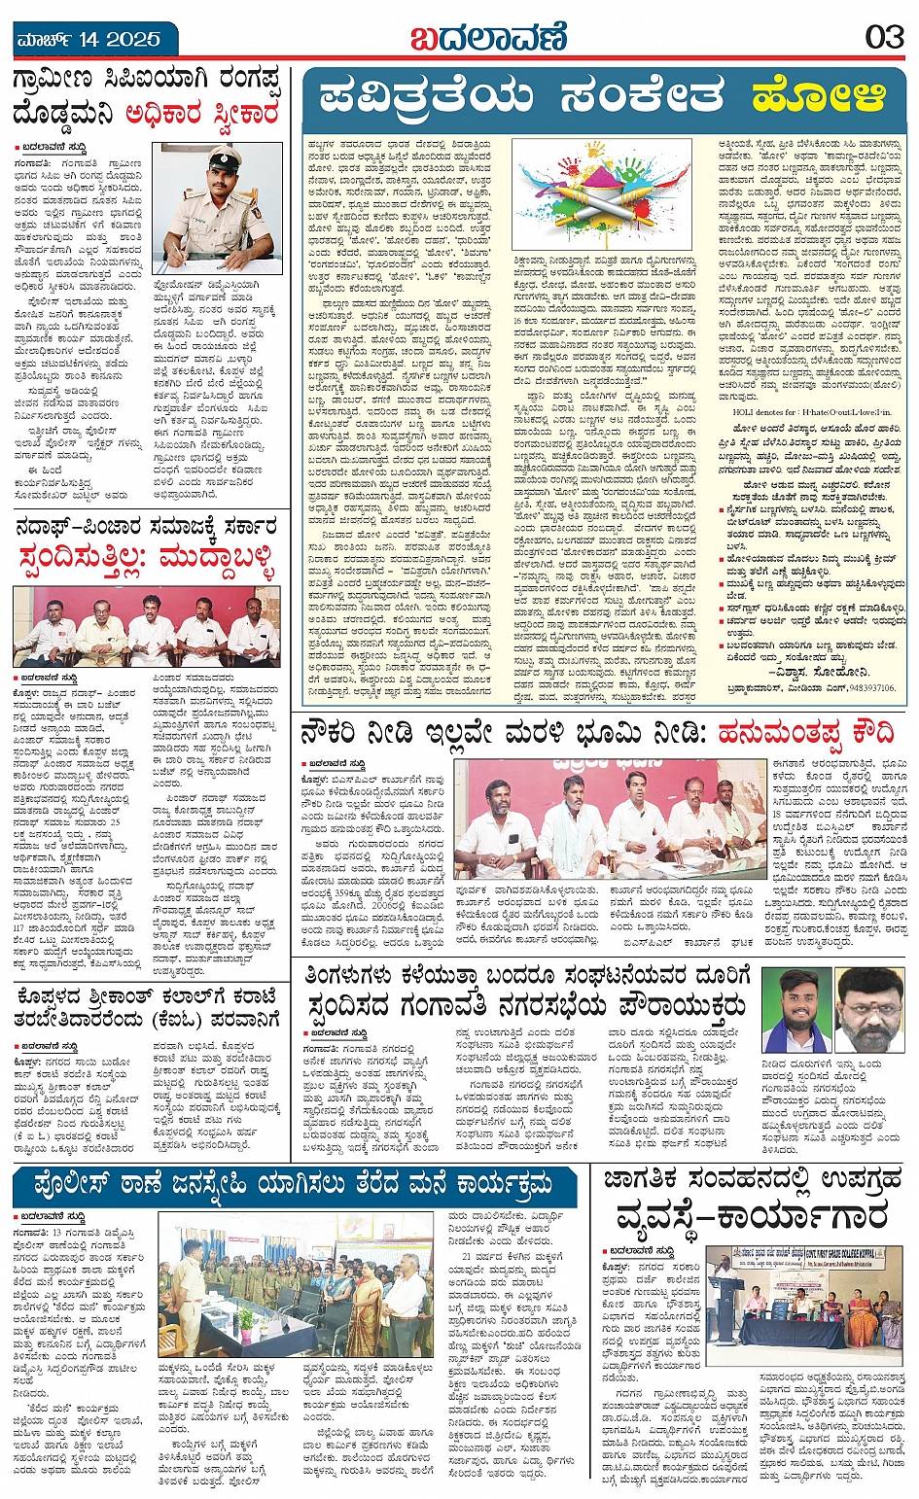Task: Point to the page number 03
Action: coord(884,38)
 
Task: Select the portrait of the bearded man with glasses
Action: coord(870,1010)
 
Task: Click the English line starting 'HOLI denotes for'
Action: coord(796,412)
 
